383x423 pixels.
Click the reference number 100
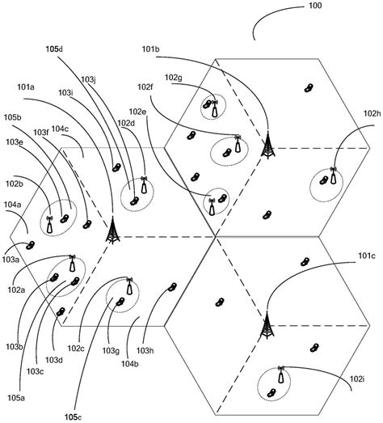click(x=314, y=6)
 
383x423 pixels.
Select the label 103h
click(x=145, y=351)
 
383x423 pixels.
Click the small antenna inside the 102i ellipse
click(x=280, y=375)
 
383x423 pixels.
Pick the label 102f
click(x=145, y=87)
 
